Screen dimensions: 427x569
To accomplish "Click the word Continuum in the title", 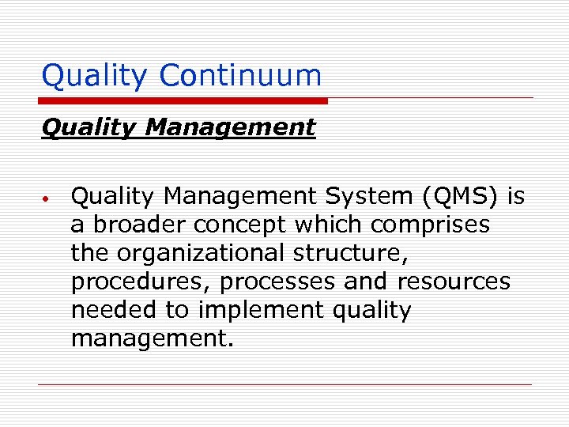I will (240, 76).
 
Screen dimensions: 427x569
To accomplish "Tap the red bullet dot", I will (47, 198).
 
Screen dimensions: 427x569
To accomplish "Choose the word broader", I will (131, 225).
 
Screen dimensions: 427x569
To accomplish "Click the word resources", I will (454, 282).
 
